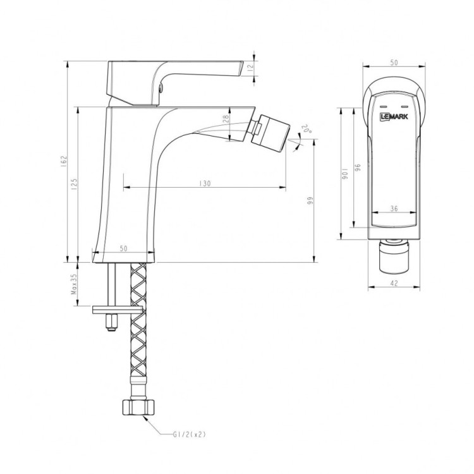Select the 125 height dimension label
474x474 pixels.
pos(74,184)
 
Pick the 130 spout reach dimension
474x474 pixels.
pos(204,183)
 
